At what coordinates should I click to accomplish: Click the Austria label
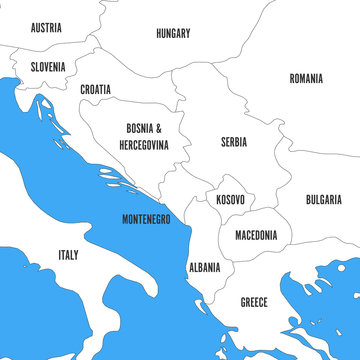point(46,28)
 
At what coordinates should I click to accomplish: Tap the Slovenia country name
point(48,67)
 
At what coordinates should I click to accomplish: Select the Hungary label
point(173,33)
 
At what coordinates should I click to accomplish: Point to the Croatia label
point(96,89)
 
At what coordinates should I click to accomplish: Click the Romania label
point(306,78)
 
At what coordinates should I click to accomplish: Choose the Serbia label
point(234,142)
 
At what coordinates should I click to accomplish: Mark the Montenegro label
point(146,218)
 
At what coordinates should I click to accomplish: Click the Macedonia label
point(256,236)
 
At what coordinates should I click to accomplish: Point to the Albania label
point(204,268)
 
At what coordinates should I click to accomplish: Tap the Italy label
point(68,255)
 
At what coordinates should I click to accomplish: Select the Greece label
point(254,301)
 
